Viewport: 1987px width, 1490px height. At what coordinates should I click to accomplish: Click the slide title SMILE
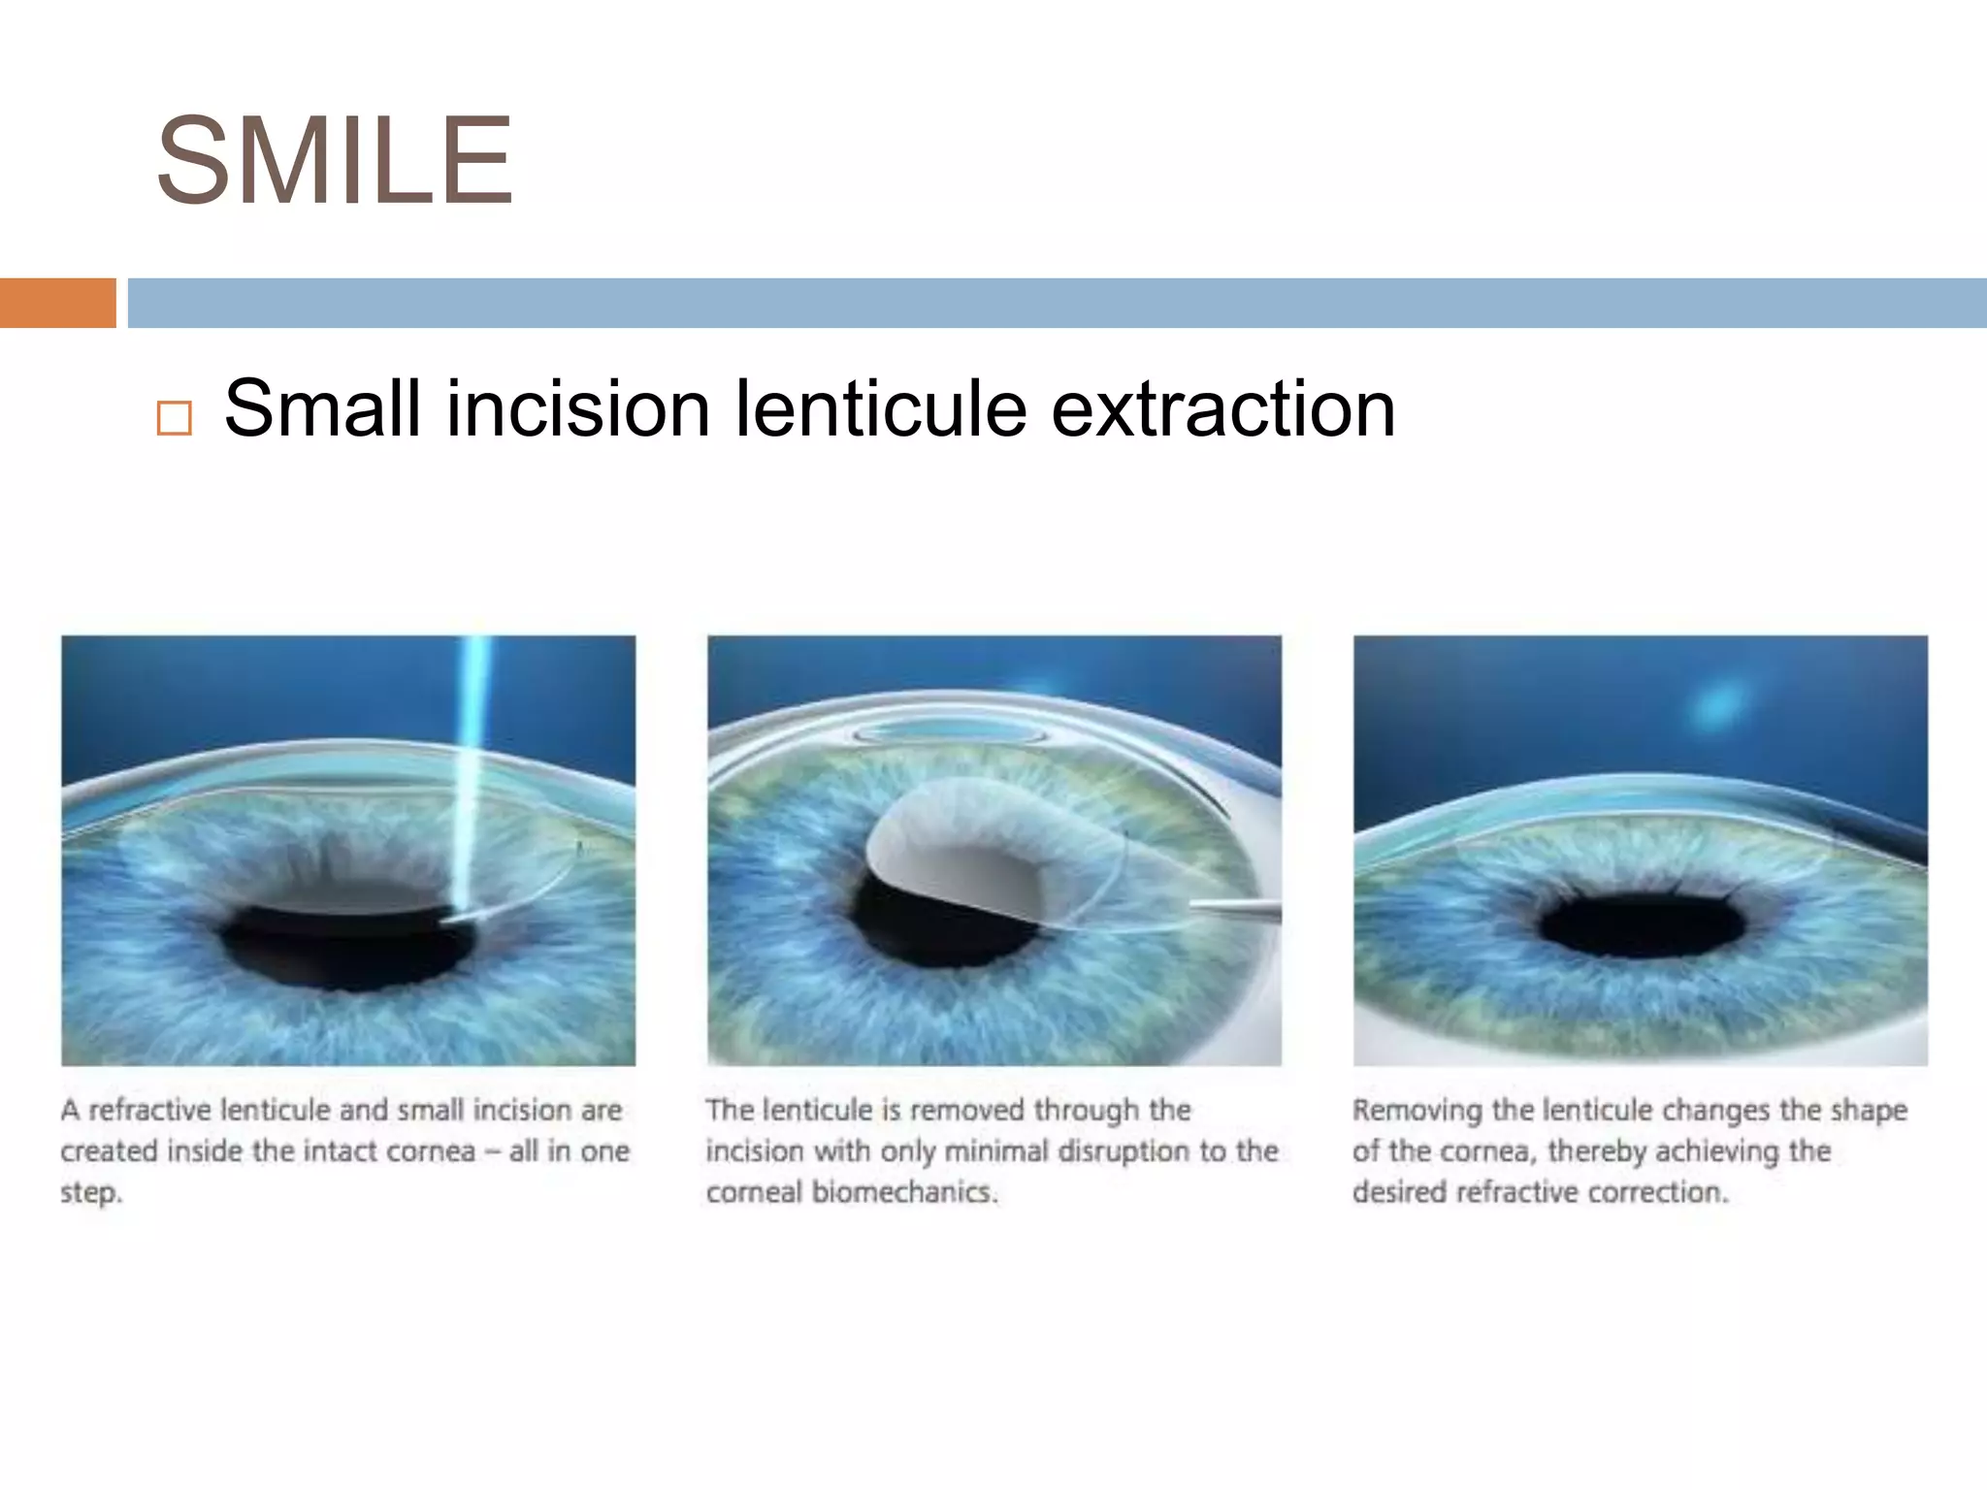pos(334,161)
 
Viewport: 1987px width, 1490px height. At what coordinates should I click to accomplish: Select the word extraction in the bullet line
pos(1223,408)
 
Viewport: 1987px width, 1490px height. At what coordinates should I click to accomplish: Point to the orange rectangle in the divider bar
pos(57,303)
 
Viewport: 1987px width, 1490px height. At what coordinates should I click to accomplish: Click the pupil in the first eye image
pos(349,946)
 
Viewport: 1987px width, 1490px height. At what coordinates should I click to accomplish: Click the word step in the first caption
pos(90,1192)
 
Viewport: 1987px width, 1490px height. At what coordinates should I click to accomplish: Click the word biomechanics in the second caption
pos(904,1192)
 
